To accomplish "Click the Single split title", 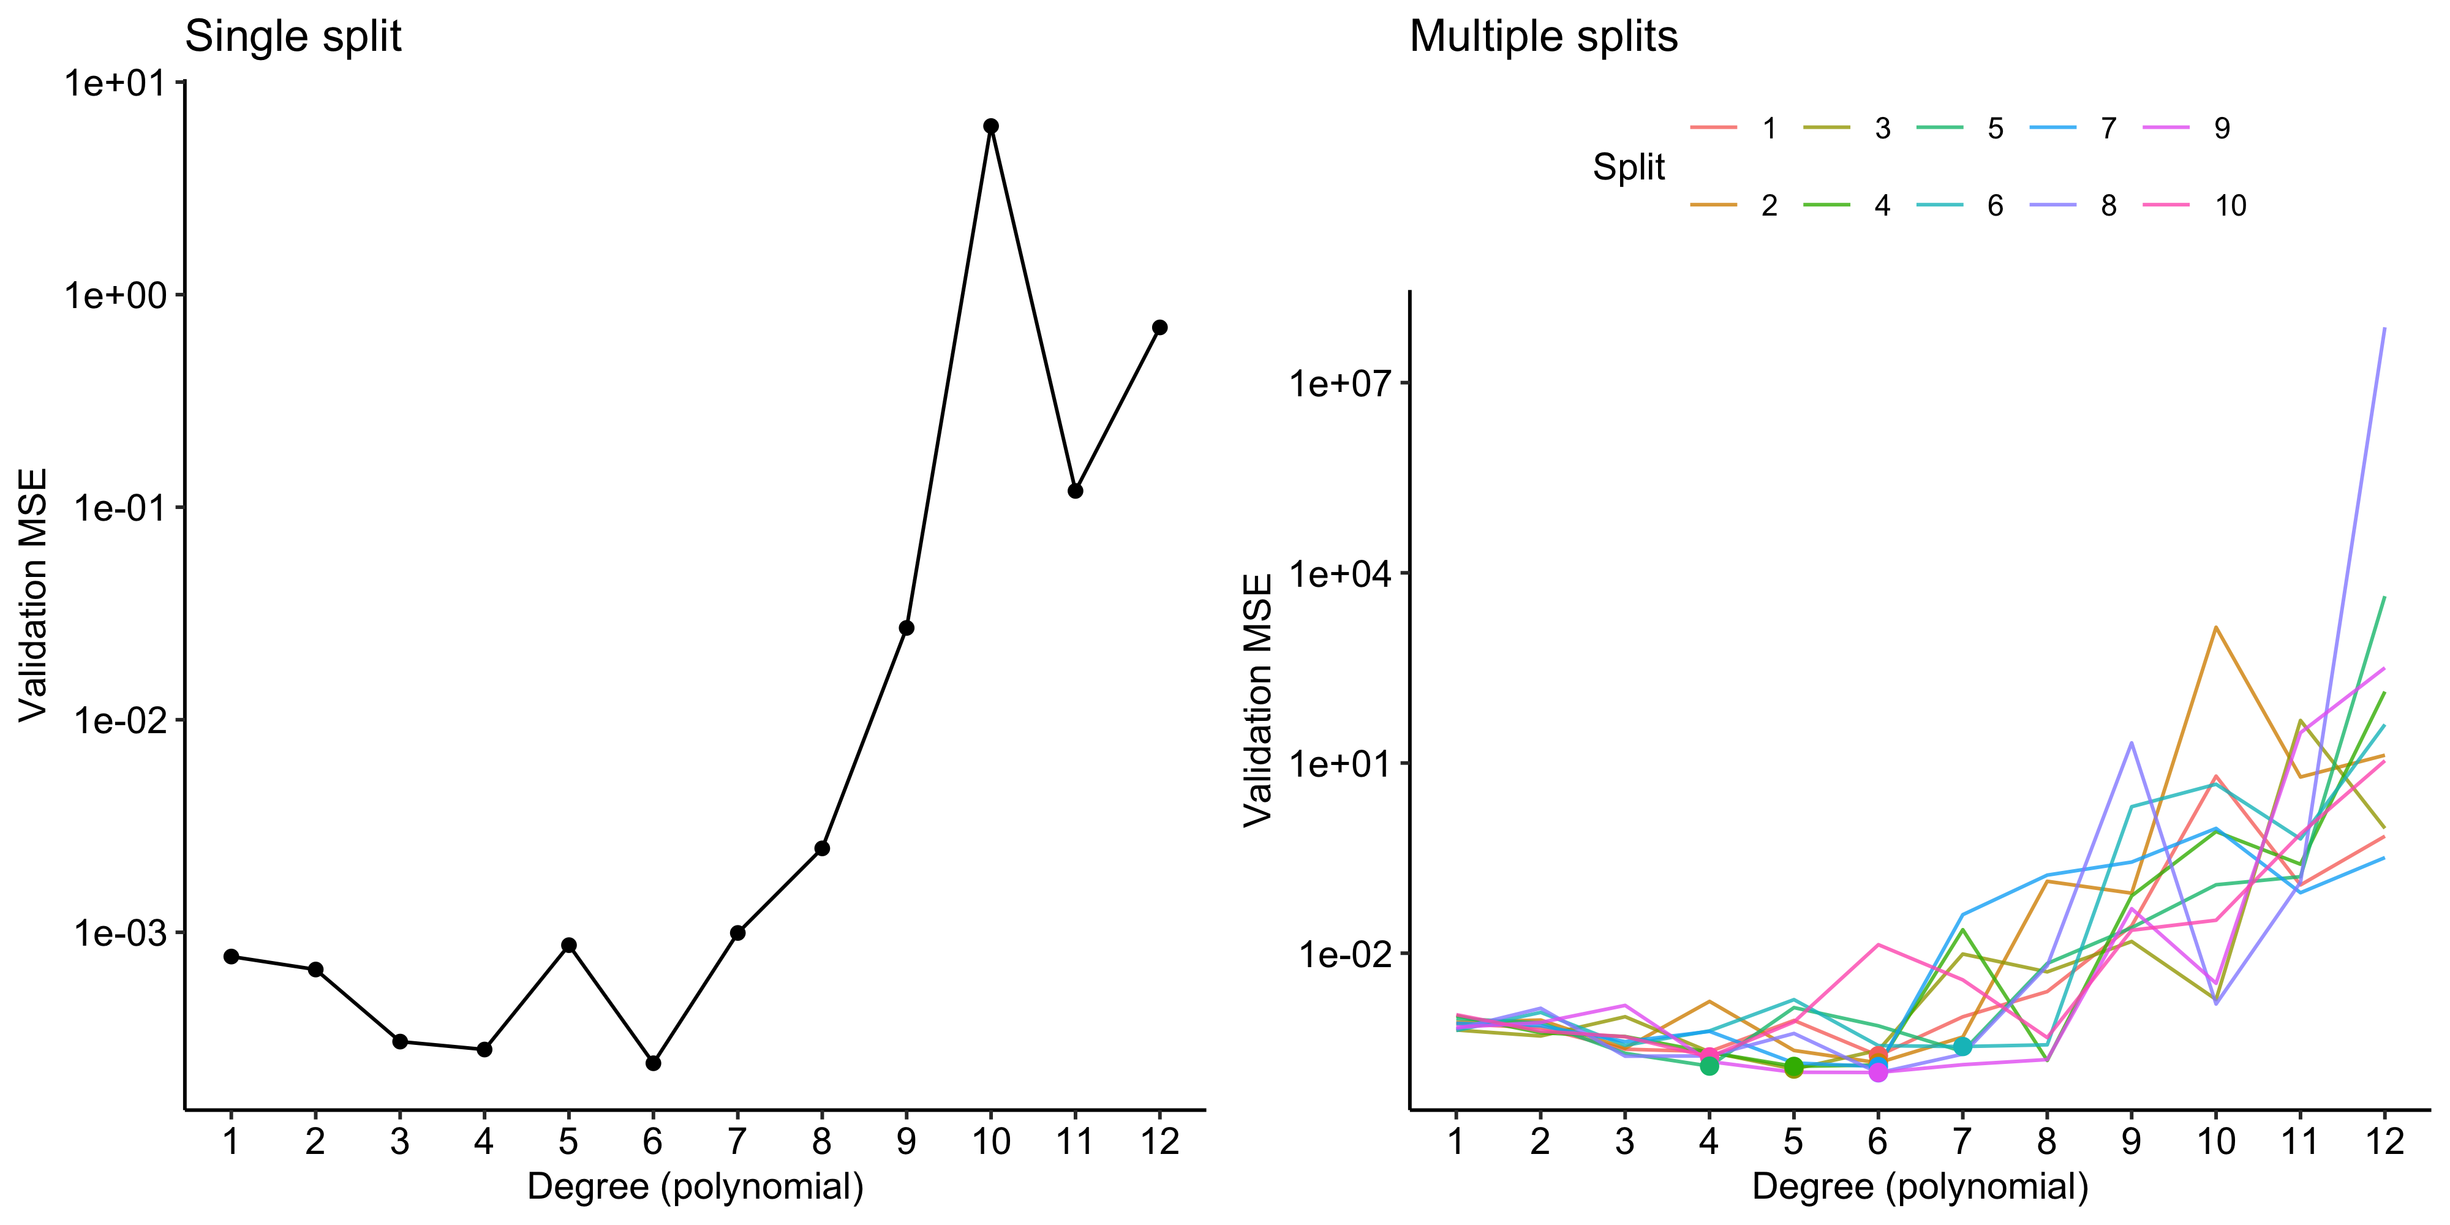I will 293,38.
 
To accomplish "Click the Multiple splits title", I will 1543,38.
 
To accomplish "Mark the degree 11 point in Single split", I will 1076,491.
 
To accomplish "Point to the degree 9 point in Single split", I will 907,628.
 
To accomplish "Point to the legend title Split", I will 1628,167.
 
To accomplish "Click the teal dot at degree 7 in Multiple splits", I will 1962,1046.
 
